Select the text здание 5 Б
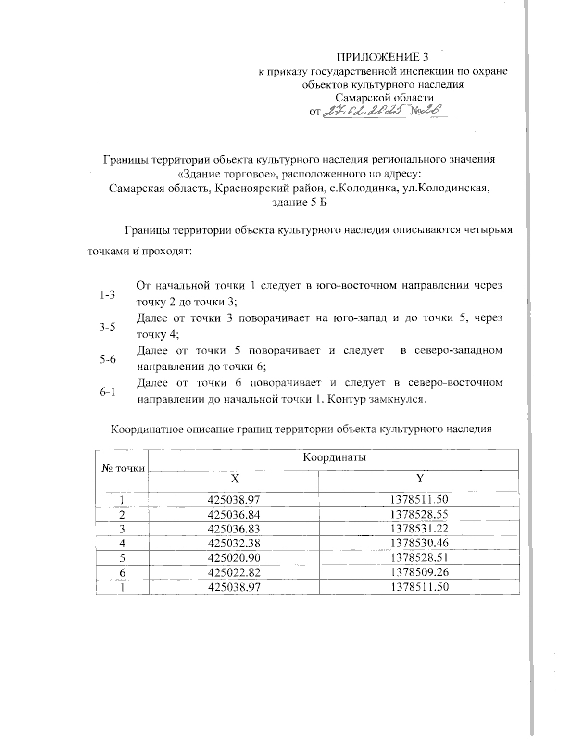(299, 203)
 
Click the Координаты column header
(334, 457)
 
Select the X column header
(234, 478)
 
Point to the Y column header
(419, 478)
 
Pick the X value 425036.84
(233, 515)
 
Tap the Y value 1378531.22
(419, 529)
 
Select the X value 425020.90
(233, 558)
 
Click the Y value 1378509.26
(419, 572)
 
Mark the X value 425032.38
(233, 544)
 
